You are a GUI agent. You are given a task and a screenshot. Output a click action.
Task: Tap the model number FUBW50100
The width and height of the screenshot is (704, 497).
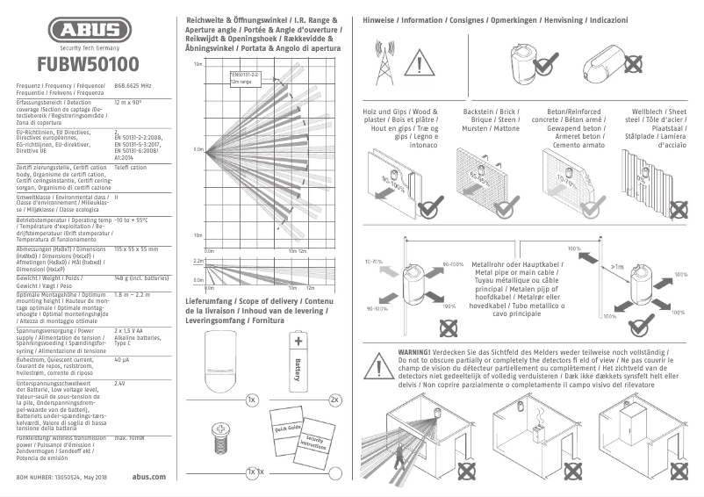click(x=87, y=64)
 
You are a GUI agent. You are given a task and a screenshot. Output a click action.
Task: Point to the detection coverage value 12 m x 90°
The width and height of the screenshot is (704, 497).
click(x=128, y=103)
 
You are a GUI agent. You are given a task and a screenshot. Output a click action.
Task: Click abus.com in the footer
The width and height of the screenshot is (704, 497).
click(x=147, y=476)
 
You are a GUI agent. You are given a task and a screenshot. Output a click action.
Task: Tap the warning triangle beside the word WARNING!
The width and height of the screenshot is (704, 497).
click(x=382, y=362)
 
